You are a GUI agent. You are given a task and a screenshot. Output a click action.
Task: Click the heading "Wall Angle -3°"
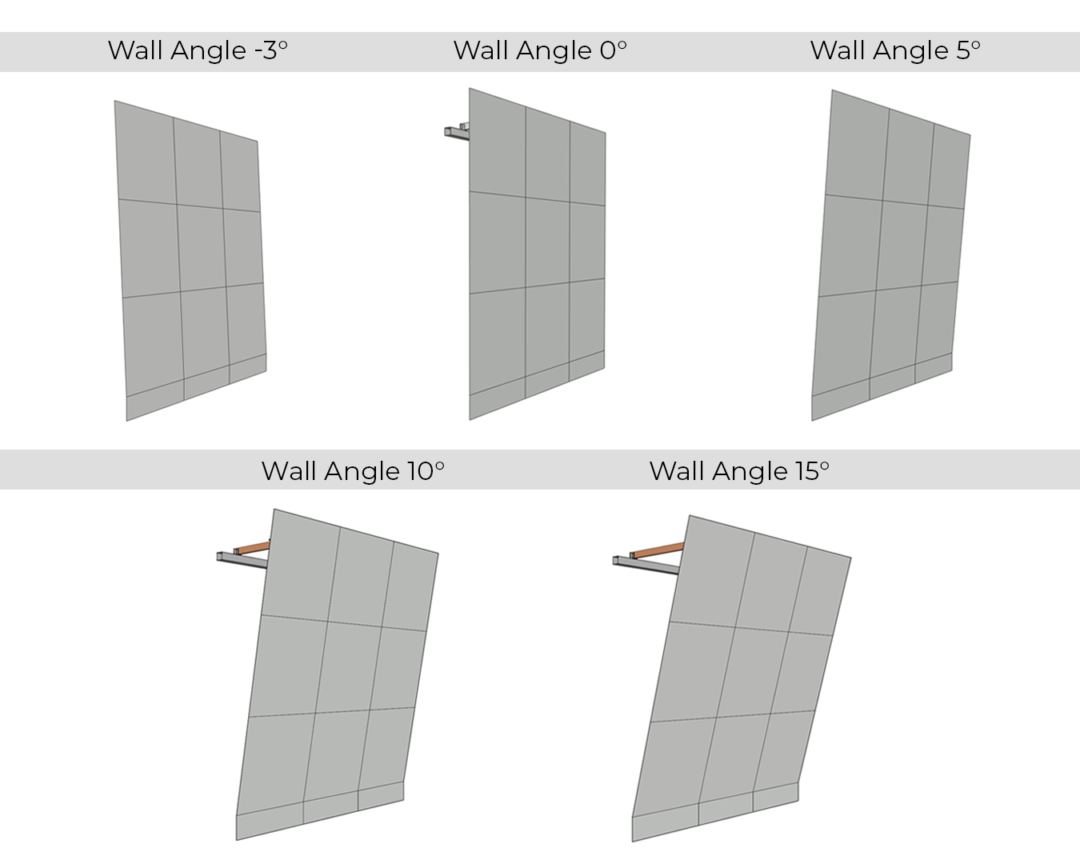tap(198, 50)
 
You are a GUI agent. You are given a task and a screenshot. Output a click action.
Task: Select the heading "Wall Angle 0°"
tap(540, 50)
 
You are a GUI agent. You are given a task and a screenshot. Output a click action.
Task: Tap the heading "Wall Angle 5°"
tap(895, 50)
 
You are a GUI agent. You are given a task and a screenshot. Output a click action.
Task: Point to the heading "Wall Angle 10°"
tap(353, 471)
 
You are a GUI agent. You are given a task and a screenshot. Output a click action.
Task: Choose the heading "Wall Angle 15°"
tap(739, 471)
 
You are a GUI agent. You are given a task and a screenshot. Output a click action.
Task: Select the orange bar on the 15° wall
tap(658, 550)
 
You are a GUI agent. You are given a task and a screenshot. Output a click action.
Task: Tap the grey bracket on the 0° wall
tap(457, 131)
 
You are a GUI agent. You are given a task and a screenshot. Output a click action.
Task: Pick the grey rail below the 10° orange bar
tap(242, 560)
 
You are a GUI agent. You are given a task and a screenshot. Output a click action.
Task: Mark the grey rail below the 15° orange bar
tap(646, 566)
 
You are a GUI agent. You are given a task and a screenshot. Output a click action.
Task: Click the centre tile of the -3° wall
tap(202, 248)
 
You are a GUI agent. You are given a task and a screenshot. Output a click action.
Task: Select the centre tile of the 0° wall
tap(547, 242)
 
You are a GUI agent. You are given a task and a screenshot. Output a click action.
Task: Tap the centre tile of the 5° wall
tap(902, 246)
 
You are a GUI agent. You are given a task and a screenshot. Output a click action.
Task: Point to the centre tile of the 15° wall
tap(752, 672)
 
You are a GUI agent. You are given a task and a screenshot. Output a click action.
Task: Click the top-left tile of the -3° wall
tap(146, 153)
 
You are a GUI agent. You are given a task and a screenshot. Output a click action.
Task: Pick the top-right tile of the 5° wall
tap(949, 166)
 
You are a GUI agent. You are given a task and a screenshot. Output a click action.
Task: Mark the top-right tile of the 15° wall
tap(820, 591)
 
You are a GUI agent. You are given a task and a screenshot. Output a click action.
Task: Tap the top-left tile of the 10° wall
tap(301, 566)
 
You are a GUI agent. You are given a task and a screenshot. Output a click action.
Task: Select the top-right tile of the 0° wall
tap(588, 164)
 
